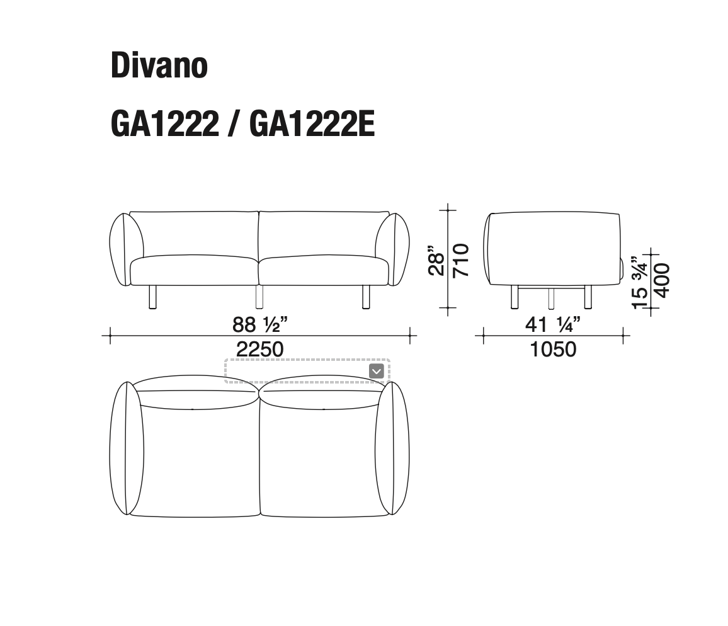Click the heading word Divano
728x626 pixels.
pyautogui.click(x=159, y=65)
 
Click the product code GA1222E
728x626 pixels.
pyautogui.click(x=312, y=124)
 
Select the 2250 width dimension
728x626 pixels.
pyautogui.click(x=259, y=350)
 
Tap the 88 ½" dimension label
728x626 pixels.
pyautogui.click(x=259, y=324)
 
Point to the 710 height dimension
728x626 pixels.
pyautogui.click(x=460, y=260)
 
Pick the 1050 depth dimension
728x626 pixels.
pyautogui.click(x=553, y=350)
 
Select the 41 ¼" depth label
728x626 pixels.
pyautogui.click(x=552, y=324)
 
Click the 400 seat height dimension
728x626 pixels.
pyautogui.click(x=662, y=280)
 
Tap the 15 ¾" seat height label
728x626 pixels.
pyautogui.click(x=640, y=282)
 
